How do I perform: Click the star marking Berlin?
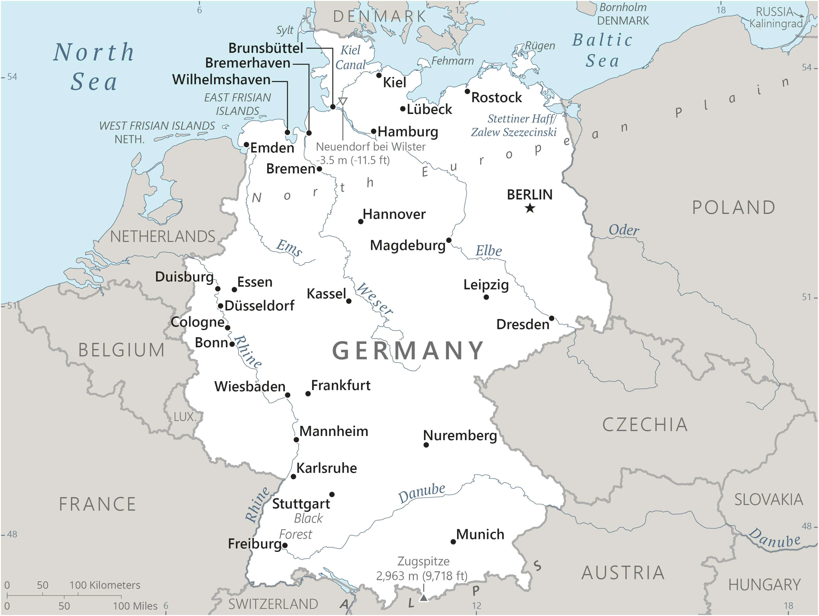(530, 208)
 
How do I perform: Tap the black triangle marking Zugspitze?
(423, 598)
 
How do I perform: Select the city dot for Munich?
(453, 542)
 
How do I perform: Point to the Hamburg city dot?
(374, 131)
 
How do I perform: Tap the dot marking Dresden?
(551, 318)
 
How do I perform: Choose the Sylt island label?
(285, 30)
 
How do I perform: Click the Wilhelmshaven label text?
(221, 80)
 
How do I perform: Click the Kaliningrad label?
(775, 24)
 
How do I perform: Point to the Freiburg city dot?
(285, 545)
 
